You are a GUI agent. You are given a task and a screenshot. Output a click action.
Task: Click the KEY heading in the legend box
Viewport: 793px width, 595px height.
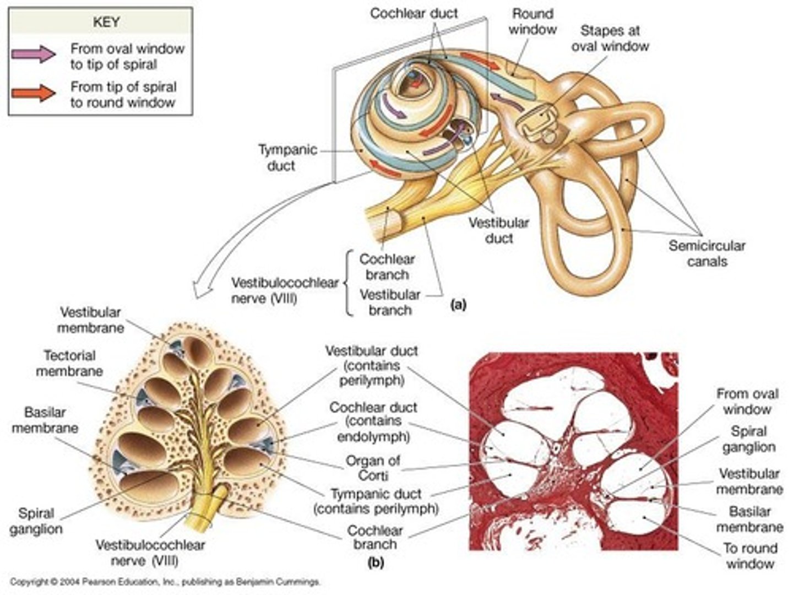pos(106,22)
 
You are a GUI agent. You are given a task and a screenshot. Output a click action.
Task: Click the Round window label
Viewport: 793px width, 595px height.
pos(532,21)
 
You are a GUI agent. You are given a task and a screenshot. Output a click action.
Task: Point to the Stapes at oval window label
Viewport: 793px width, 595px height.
pos(610,39)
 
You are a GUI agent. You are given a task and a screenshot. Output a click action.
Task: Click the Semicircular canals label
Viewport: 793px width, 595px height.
pos(707,253)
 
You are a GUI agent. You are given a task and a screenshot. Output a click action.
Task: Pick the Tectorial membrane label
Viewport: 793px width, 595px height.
pos(69,364)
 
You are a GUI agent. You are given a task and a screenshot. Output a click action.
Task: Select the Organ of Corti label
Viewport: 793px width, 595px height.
pos(373,468)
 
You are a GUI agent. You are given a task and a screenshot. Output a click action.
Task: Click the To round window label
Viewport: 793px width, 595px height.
pos(749,556)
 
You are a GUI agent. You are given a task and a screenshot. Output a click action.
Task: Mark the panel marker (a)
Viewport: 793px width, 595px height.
pos(458,304)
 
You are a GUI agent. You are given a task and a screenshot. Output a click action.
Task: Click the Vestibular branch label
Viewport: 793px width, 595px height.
pos(390,302)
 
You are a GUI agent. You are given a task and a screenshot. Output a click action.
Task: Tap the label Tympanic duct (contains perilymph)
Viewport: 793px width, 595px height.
pos(376,501)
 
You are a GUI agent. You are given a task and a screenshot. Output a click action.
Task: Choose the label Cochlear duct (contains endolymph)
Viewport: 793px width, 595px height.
pos(373,422)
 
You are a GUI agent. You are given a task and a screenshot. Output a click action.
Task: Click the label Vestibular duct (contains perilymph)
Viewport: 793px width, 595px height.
pos(371,365)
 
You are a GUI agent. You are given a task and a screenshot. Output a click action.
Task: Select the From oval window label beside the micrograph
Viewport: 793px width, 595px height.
pos(747,402)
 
